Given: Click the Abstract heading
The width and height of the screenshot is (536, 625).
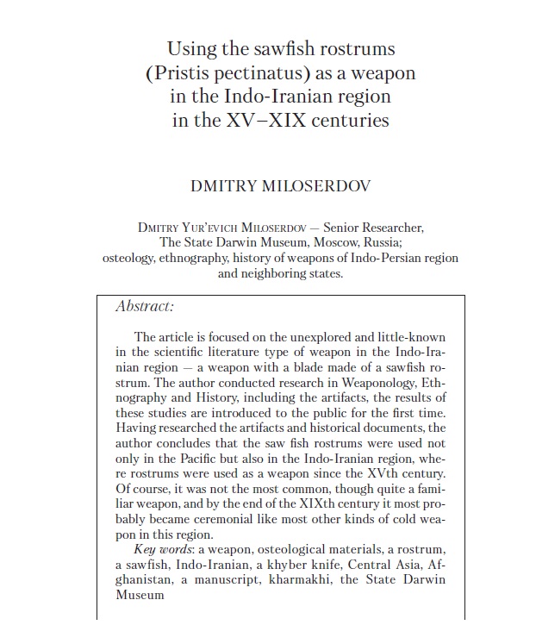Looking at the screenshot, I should [145, 306].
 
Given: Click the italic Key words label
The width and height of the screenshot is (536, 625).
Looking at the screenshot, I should [162, 550].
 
